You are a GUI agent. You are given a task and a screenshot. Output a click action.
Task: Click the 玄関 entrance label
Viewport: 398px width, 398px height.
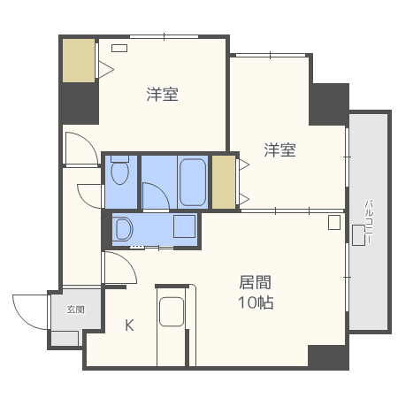[x=75, y=310]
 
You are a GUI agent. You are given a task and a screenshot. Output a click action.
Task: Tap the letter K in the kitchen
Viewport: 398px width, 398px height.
[x=129, y=325]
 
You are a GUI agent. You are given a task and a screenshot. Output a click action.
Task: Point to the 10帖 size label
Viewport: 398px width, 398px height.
[x=255, y=302]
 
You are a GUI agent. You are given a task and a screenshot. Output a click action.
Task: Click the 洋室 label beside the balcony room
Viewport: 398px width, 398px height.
[x=279, y=150]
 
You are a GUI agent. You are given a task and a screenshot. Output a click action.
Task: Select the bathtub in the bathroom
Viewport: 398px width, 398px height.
[x=193, y=181]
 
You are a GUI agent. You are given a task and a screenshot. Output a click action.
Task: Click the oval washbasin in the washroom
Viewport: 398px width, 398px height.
[x=123, y=230]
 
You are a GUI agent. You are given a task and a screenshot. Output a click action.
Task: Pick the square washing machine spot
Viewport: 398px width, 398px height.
[x=185, y=227]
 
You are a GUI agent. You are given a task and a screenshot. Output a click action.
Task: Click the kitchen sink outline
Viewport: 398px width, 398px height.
[x=172, y=312]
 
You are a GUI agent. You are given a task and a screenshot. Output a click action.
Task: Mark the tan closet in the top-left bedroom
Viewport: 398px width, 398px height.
[x=79, y=60]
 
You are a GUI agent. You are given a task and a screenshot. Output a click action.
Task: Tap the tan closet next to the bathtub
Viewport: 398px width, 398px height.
[x=224, y=181]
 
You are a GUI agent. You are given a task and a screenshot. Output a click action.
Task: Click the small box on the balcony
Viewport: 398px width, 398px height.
[x=358, y=235]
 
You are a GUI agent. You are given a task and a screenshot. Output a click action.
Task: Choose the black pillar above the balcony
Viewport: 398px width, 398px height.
[x=329, y=104]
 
